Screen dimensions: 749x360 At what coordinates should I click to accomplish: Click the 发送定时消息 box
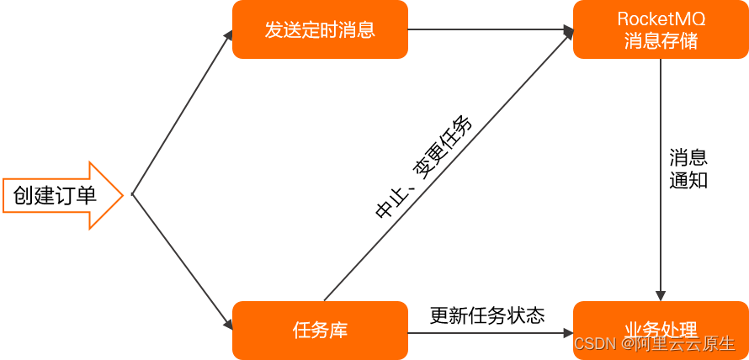(x=320, y=29)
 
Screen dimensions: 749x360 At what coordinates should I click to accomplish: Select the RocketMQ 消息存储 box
(x=661, y=29)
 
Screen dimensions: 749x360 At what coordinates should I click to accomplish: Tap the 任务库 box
(x=320, y=331)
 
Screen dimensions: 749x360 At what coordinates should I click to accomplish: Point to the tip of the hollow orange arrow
(x=123, y=195)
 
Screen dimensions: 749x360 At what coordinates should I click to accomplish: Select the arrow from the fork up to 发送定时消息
(x=181, y=114)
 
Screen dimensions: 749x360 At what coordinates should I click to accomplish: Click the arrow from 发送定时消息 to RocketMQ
(x=488, y=29)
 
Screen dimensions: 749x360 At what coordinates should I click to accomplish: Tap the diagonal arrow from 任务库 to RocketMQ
(x=446, y=165)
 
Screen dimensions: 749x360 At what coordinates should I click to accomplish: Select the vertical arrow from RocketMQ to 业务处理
(x=661, y=177)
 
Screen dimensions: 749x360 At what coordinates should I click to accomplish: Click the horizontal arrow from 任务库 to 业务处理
(x=488, y=332)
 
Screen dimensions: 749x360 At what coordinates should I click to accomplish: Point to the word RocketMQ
(x=661, y=19)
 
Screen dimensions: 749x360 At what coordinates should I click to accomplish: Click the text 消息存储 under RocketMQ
(x=661, y=40)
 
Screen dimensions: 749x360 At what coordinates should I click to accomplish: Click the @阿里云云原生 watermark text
(x=678, y=344)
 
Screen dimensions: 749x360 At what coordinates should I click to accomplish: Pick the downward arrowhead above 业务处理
(x=661, y=295)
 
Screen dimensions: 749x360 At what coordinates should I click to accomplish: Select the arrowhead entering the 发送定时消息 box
(x=228, y=35)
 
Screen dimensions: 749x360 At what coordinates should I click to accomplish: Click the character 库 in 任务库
(x=337, y=331)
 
